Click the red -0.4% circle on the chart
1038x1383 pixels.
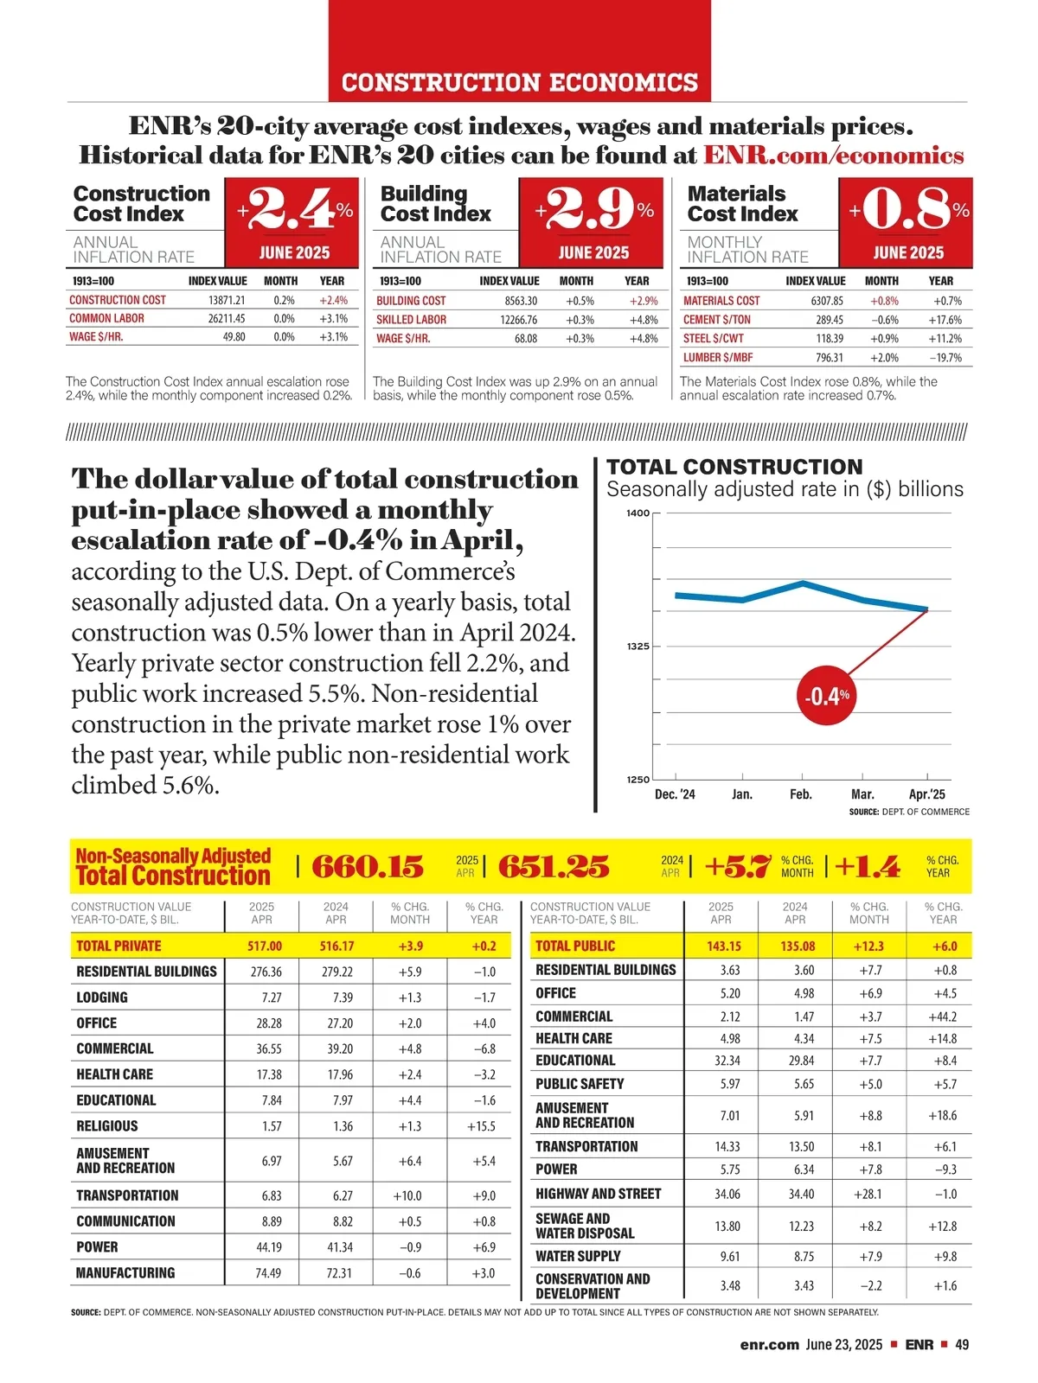[828, 695]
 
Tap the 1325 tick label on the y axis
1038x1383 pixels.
[637, 647]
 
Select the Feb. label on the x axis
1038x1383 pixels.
[801, 794]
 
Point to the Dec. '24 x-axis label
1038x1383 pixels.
[675, 794]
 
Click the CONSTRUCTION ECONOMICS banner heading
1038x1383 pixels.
[520, 83]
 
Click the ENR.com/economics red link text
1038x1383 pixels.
[833, 156]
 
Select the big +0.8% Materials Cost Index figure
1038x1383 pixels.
[907, 209]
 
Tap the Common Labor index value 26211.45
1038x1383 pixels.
[227, 319]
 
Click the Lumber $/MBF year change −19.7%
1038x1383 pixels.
[945, 358]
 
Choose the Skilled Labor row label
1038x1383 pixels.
[412, 320]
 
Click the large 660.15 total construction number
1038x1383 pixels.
[368, 866]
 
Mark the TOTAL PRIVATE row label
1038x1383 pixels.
[119, 946]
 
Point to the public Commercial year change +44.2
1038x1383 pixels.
[942, 1017]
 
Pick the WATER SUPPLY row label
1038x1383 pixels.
[578, 1257]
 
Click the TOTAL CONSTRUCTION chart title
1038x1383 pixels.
[734, 468]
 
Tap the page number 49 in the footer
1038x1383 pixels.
[962, 1345]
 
